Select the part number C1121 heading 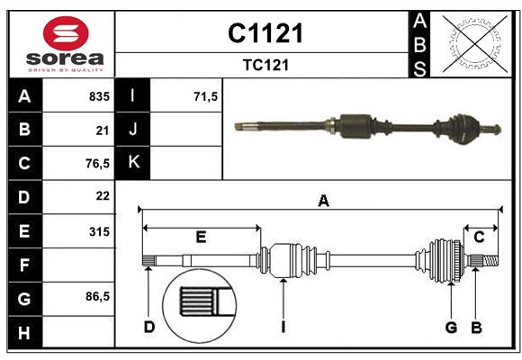tap(265, 33)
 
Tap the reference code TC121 tap(265, 66)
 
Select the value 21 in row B tap(103, 130)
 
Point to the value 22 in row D tap(103, 196)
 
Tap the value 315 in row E tap(99, 230)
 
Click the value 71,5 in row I tap(206, 96)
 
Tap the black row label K tap(133, 163)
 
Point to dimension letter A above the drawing tap(323, 202)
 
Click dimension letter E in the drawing tap(201, 237)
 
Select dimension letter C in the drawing tap(480, 237)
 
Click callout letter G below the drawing tap(452, 328)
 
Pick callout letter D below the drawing tap(149, 328)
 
